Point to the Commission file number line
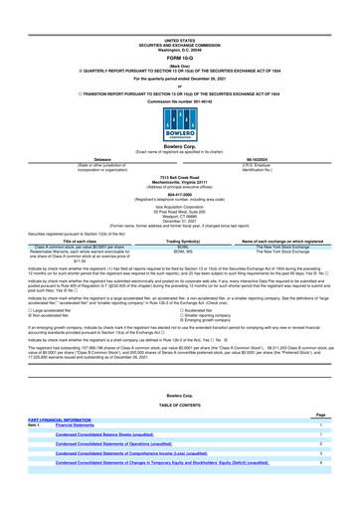coord(179,70)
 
